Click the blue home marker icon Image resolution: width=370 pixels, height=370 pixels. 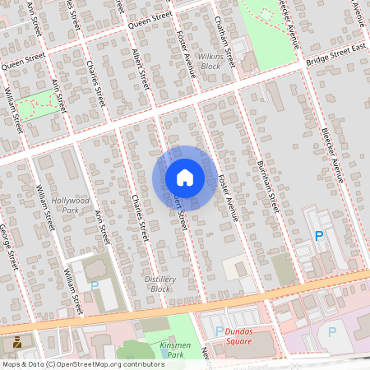[x=185, y=178]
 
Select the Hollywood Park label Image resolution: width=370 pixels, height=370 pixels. [x=70, y=205]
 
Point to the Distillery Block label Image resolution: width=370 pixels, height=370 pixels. [x=161, y=284]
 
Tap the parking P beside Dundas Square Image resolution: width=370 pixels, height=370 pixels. [x=220, y=331]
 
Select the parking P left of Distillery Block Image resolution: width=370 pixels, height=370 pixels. [x=94, y=285]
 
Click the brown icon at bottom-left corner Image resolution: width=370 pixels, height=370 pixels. [x=16, y=341]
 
